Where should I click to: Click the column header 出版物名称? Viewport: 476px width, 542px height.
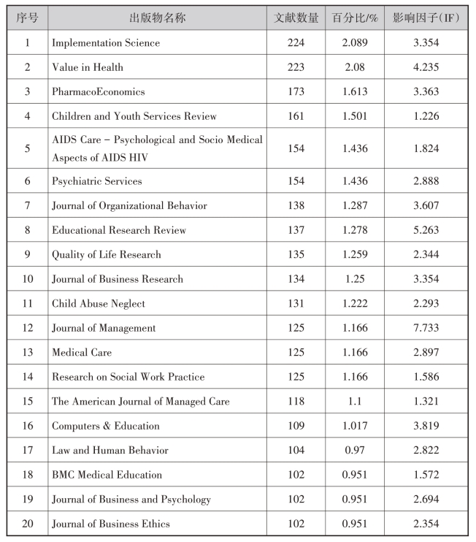(157, 18)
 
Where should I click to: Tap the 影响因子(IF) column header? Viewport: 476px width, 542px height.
(426, 18)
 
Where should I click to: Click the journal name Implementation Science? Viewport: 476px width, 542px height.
(106, 43)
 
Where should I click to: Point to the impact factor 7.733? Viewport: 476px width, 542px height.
(426, 328)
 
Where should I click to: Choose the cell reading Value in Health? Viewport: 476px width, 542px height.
(88, 67)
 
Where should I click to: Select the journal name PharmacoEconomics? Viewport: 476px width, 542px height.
(99, 92)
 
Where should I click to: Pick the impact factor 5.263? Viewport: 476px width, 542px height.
(426, 230)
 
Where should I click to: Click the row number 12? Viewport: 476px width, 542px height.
(27, 328)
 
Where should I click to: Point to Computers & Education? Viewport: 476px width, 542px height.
(106, 426)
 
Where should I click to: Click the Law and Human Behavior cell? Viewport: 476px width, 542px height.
(110, 450)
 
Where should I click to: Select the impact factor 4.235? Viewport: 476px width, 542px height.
(426, 67)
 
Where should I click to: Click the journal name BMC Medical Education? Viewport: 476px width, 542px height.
(107, 475)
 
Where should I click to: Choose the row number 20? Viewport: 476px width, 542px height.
(27, 524)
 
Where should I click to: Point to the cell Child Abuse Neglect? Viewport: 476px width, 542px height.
(99, 303)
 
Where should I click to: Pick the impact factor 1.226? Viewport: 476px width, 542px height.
(426, 116)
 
